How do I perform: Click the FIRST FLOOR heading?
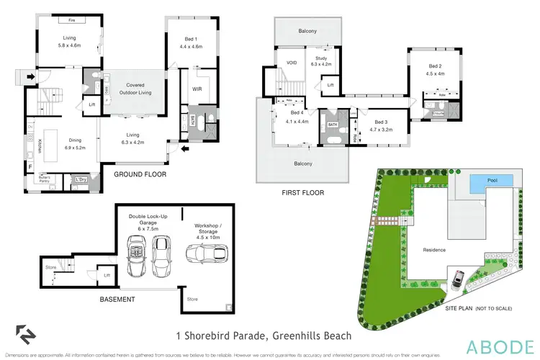(302, 193)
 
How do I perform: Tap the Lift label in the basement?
(106, 274)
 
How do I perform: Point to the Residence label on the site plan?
(435, 250)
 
